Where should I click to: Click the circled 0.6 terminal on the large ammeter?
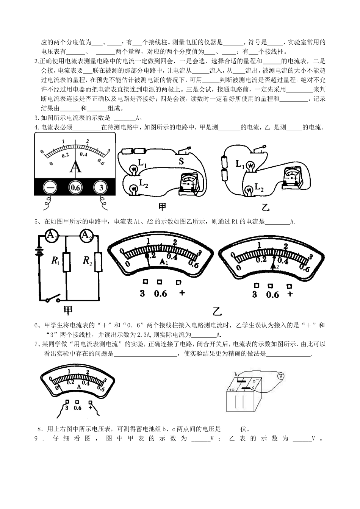75,187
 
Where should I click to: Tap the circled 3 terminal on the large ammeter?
101,187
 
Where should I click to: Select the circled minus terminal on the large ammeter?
49,187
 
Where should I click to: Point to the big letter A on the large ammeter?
75,167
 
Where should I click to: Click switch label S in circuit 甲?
181,161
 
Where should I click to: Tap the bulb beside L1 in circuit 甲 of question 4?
133,169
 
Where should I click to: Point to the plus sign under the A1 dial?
181,293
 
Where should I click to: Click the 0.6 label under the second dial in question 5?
272,295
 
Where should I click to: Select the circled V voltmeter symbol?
280,376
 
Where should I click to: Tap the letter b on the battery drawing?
236,374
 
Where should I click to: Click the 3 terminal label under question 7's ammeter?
67,408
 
